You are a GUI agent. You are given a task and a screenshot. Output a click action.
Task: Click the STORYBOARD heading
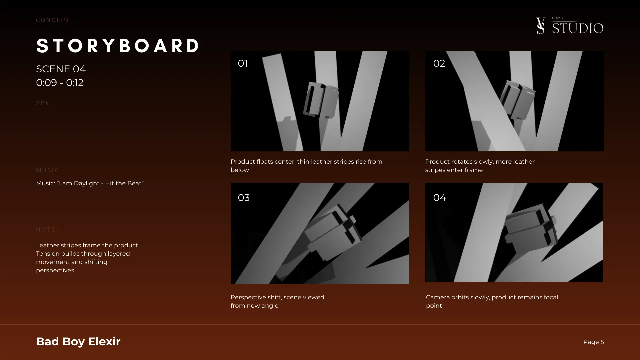[x=118, y=46]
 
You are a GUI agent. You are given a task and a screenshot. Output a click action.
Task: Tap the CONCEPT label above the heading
[x=53, y=20]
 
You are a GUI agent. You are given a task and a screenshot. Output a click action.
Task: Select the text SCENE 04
[x=61, y=69]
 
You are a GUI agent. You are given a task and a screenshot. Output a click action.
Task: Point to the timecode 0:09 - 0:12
[x=60, y=83]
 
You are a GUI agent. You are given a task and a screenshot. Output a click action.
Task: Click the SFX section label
[x=43, y=103]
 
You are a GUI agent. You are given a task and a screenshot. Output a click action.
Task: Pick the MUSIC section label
[x=47, y=170]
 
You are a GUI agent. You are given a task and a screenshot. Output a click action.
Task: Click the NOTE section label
[x=46, y=230]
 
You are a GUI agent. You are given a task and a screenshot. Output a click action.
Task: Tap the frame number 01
[x=243, y=63]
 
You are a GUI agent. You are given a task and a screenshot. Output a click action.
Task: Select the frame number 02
[x=439, y=63]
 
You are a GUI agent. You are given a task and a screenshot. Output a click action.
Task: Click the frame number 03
[x=244, y=198]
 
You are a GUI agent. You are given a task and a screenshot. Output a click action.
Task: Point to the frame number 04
[x=439, y=198]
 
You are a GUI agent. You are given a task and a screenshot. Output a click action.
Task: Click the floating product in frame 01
[x=321, y=100]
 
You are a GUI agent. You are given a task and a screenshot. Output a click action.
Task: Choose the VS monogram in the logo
[x=540, y=26]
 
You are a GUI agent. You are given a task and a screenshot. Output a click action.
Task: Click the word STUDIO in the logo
[x=578, y=28]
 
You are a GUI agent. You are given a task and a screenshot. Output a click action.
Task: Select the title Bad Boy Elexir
[x=78, y=341]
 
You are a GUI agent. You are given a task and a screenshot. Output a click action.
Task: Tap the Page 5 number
[x=593, y=342]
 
